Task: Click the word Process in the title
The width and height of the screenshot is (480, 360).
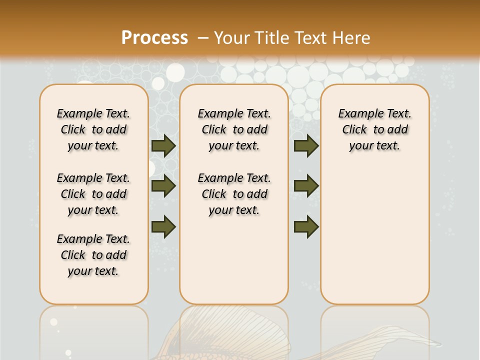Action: coord(154,37)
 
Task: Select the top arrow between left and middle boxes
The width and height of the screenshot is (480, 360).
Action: coord(163,145)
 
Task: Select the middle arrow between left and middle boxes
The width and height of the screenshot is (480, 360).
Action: coord(163,186)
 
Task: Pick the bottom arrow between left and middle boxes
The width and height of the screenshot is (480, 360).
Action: coord(163,226)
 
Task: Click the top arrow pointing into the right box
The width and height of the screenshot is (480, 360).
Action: coord(306,145)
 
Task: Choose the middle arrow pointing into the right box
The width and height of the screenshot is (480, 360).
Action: coord(306,186)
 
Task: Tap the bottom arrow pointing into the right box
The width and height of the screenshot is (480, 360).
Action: coord(306,226)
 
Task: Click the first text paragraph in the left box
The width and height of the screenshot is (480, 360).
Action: coord(93,129)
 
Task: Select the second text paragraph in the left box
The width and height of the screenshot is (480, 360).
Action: coord(93,194)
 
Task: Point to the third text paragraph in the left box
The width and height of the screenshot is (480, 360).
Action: coord(93,255)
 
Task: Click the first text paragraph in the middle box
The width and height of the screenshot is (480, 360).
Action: coord(234,129)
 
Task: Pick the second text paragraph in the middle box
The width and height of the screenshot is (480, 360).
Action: coord(234,194)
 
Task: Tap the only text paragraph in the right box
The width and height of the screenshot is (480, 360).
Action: coord(374,129)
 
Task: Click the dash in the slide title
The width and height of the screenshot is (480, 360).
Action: coord(203,38)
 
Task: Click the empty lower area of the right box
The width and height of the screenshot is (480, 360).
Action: coord(374,235)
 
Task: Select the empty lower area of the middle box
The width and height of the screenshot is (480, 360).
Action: coord(234,260)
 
